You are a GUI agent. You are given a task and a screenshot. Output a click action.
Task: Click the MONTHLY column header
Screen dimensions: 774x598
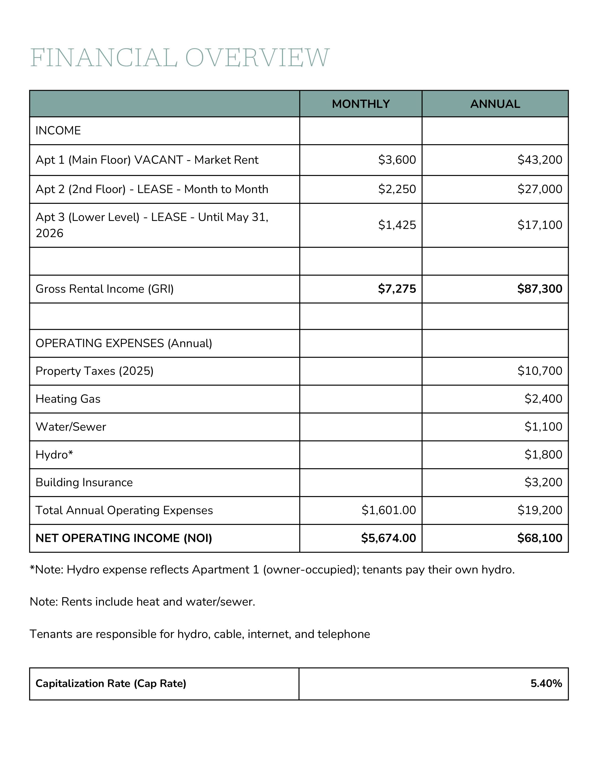(361, 104)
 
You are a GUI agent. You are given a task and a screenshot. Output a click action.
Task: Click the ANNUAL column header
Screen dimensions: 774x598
(495, 104)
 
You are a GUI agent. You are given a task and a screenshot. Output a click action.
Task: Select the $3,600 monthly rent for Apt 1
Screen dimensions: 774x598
(397, 160)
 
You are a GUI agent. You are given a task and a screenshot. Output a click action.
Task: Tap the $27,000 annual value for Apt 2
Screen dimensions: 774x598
(540, 189)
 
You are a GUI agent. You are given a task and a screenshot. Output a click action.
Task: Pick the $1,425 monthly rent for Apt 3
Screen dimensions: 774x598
(397, 225)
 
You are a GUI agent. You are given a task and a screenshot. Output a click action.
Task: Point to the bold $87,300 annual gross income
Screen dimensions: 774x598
(540, 289)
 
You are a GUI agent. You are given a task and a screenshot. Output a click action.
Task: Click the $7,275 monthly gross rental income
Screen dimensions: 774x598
(397, 289)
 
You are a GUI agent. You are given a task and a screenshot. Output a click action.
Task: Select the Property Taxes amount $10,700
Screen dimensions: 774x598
(540, 371)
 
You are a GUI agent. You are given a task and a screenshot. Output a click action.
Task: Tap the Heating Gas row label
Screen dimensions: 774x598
(68, 399)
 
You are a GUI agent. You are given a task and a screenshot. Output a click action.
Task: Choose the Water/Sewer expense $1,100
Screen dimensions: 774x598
(543, 426)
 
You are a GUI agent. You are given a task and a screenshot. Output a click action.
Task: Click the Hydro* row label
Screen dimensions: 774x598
(54, 454)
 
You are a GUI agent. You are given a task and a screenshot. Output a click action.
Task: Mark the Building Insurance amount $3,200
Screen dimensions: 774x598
(543, 482)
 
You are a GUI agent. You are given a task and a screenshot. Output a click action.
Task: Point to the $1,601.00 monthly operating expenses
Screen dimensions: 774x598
(389, 510)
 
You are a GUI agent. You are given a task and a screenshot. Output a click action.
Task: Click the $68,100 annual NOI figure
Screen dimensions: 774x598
(540, 538)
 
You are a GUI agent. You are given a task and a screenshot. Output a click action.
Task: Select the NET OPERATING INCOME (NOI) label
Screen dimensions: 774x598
(124, 538)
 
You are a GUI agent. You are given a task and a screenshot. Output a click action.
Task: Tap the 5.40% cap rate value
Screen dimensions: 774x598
(546, 683)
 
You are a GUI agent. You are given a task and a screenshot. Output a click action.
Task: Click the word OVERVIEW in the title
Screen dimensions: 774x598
(257, 57)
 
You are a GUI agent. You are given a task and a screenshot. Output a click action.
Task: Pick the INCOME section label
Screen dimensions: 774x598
(58, 130)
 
